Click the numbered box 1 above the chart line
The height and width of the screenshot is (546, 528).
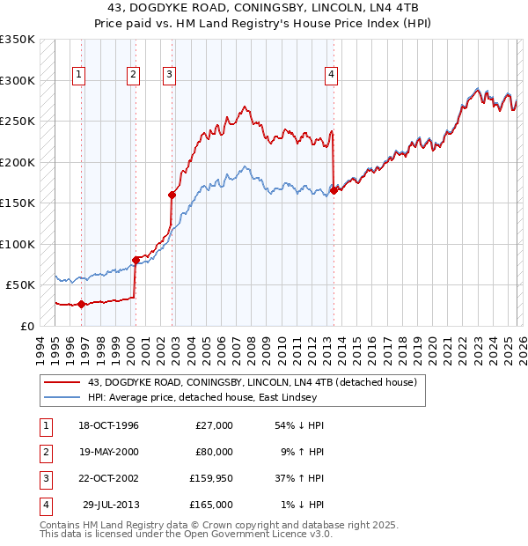point(79,76)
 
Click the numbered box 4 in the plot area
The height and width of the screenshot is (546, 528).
point(332,76)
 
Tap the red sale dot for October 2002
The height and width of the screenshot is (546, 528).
point(172,196)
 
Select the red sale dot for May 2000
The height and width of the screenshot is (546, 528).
point(136,260)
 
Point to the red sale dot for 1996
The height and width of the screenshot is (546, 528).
point(81,304)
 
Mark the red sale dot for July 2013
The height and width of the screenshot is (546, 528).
point(334,190)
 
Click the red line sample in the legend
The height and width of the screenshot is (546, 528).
point(62,382)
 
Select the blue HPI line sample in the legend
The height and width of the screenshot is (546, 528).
point(62,397)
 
